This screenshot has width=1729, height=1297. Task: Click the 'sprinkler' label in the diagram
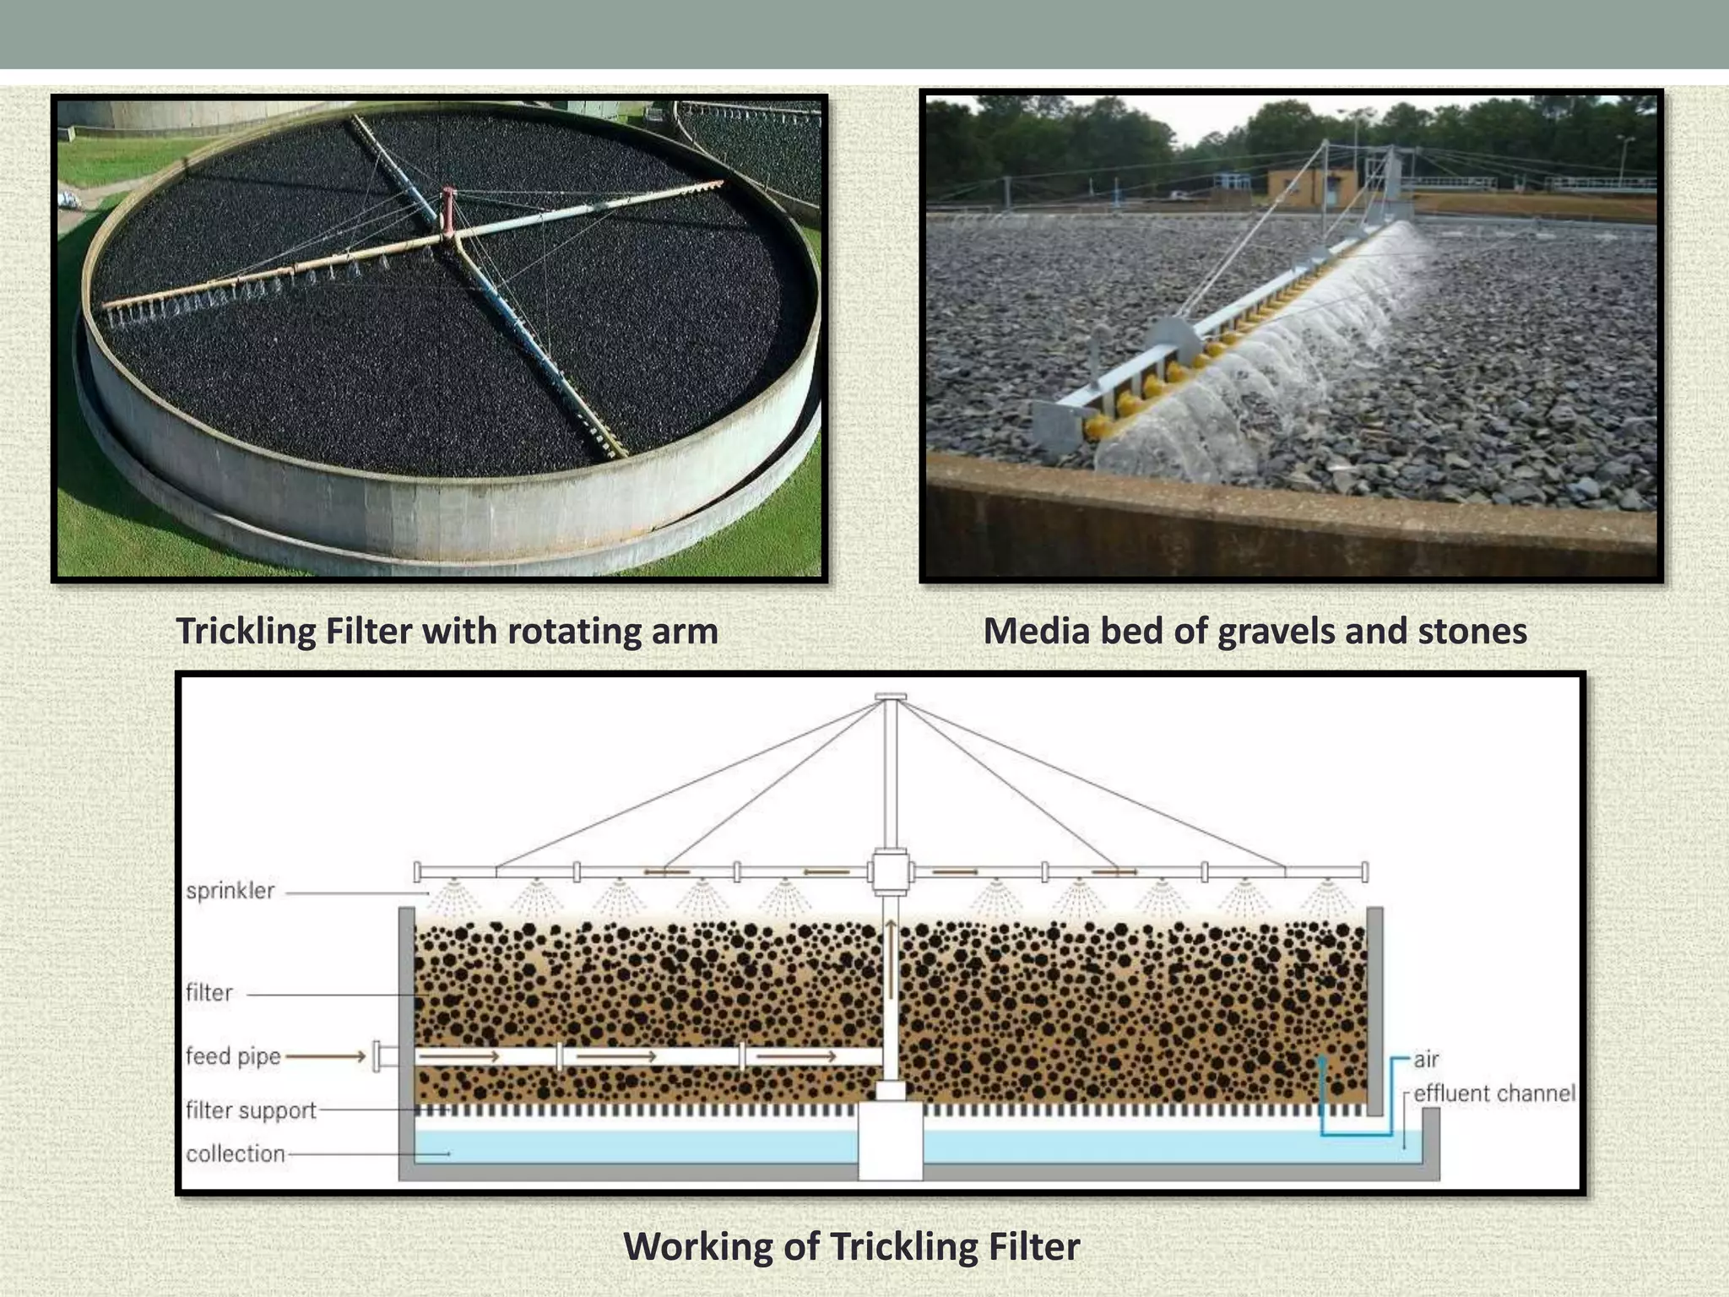(230, 891)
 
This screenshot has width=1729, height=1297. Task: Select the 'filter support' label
(251, 1110)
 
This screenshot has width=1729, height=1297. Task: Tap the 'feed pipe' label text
(233, 1056)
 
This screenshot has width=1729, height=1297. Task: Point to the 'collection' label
(236, 1153)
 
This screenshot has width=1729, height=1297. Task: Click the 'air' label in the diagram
(1426, 1059)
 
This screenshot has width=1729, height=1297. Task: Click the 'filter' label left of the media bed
(209, 993)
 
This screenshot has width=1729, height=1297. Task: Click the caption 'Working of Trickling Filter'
(851, 1246)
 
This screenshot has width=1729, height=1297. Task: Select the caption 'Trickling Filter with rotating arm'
(447, 632)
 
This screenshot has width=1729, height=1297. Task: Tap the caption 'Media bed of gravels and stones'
(1255, 632)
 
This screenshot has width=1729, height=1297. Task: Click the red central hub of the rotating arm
(447, 209)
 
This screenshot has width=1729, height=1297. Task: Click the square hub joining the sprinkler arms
(890, 872)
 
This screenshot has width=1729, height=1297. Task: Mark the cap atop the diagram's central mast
(891, 697)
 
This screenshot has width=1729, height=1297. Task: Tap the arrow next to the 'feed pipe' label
(326, 1056)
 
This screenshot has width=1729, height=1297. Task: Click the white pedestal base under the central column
(890, 1142)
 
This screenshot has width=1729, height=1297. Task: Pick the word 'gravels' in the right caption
(1274, 632)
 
